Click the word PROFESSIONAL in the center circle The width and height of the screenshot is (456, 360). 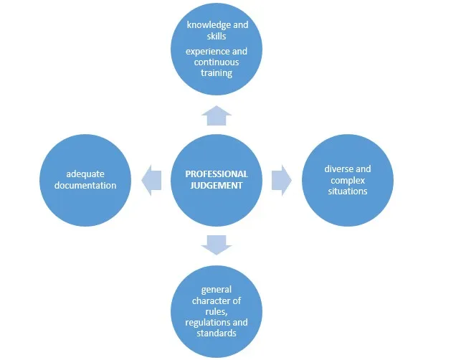[217, 174]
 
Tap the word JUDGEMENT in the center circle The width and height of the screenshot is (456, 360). [217, 186]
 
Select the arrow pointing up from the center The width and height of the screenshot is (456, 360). [217, 116]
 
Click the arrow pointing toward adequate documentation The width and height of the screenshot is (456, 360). [151, 179]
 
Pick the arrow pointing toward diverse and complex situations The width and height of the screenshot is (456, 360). [281, 179]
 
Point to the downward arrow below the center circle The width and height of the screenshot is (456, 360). [217, 244]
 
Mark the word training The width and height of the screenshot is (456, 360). [217, 73]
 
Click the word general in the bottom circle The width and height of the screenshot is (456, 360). [217, 290]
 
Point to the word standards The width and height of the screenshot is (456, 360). [217, 333]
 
